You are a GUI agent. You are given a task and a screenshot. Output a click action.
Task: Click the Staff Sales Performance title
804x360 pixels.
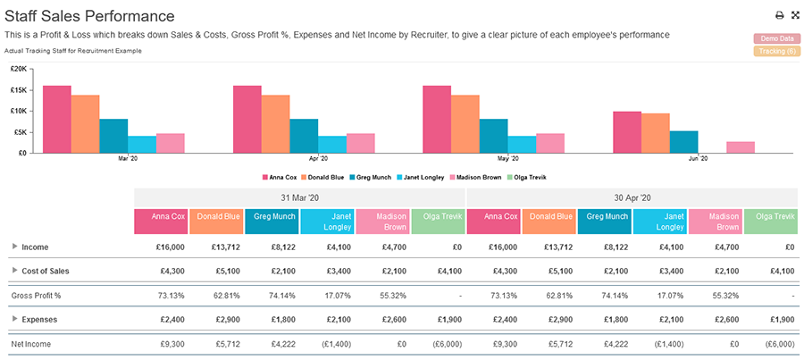pos(89,15)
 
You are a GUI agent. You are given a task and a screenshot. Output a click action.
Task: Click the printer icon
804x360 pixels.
pos(779,15)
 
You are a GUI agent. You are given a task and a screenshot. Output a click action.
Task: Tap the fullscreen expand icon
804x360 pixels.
pos(795,15)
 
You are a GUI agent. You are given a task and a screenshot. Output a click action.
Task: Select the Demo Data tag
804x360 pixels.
pos(776,38)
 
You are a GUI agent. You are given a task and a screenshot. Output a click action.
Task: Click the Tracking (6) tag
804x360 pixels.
pos(776,51)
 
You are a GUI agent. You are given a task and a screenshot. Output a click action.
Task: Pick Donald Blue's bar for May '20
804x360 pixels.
pos(465,123)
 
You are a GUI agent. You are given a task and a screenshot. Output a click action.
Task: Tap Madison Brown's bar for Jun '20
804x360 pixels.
pos(741,147)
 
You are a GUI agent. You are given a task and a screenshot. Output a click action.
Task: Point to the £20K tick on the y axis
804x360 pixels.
pos(19,68)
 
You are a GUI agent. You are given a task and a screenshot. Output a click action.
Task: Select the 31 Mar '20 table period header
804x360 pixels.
pos(299,197)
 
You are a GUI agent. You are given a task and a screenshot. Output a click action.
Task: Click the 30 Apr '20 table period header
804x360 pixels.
pos(632,197)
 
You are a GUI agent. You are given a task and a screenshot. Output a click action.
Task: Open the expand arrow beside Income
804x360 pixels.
pos(14,247)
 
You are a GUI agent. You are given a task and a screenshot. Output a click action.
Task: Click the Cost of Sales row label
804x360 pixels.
pos(46,271)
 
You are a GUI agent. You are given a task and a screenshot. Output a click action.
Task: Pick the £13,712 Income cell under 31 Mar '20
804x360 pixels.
pos(217,247)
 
